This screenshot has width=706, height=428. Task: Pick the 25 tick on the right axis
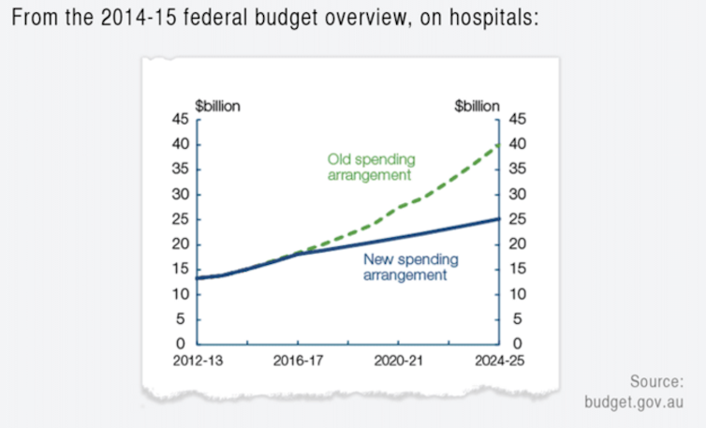pyautogui.click(x=518, y=219)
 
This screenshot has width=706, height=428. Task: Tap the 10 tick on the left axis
pyautogui.click(x=182, y=295)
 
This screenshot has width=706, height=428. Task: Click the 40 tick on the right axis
pyautogui.click(x=518, y=144)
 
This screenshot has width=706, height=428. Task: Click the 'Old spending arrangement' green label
pyautogui.click(x=371, y=167)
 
